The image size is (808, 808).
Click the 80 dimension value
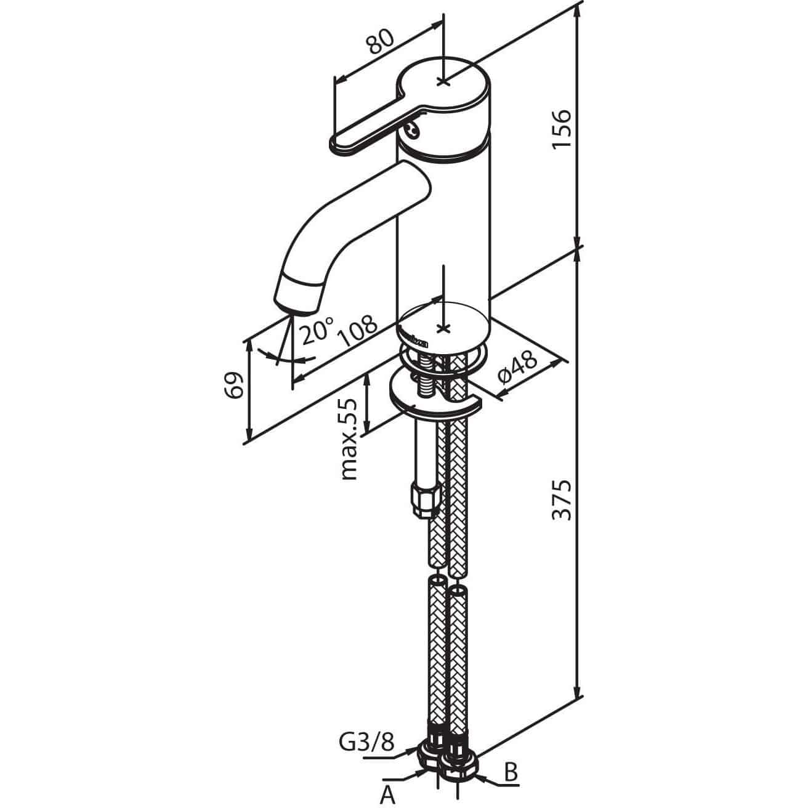click(x=381, y=42)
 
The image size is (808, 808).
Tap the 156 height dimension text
click(x=562, y=129)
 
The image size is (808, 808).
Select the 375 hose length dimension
click(x=562, y=499)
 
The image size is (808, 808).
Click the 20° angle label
click(x=317, y=330)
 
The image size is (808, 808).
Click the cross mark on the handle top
click(x=443, y=81)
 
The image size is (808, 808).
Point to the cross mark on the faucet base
click(x=443, y=328)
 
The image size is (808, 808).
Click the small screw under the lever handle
click(x=413, y=131)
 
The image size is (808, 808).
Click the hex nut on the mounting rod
click(x=425, y=500)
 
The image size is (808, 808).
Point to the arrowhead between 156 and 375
click(x=578, y=250)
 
